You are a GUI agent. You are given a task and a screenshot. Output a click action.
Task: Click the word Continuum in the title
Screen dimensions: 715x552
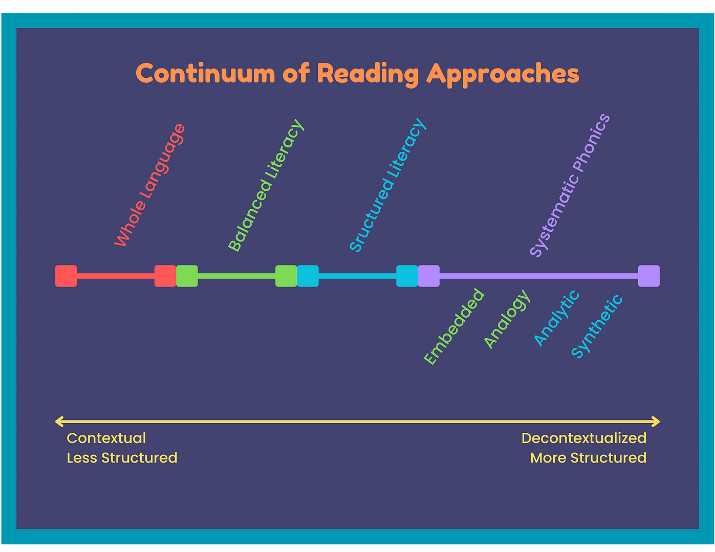(x=205, y=73)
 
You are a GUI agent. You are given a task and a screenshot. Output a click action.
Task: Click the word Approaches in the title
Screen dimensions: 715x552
(x=503, y=75)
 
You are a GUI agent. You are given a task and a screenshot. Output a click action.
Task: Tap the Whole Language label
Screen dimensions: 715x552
(x=149, y=185)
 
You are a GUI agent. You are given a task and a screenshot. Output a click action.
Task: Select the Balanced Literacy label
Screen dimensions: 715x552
(x=266, y=185)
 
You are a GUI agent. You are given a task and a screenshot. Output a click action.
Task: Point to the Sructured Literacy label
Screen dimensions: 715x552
(x=387, y=185)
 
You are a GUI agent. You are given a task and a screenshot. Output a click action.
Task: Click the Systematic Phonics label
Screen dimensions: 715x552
(x=570, y=185)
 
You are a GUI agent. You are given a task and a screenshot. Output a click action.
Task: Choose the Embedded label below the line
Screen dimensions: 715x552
(x=454, y=326)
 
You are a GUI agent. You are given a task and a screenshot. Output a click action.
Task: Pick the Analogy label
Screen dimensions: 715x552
(x=507, y=319)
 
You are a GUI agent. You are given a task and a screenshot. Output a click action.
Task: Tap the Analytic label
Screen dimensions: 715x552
(x=556, y=318)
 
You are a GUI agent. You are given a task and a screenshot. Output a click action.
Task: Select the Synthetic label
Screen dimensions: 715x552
(x=597, y=326)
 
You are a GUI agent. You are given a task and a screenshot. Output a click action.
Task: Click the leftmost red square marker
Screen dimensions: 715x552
(x=66, y=276)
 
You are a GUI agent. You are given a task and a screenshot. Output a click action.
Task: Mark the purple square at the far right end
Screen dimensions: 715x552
(x=648, y=276)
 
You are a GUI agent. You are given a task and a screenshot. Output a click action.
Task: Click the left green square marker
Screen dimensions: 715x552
(x=187, y=276)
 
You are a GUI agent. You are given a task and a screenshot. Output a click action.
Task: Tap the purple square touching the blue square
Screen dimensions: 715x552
(x=428, y=276)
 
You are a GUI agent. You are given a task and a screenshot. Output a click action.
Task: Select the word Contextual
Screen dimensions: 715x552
(x=106, y=438)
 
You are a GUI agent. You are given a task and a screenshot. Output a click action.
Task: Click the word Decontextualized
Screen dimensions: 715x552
(x=583, y=438)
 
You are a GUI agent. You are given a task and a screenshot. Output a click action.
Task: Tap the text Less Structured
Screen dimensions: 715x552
(x=122, y=458)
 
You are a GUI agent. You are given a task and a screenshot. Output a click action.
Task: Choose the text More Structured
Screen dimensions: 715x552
(x=588, y=458)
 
